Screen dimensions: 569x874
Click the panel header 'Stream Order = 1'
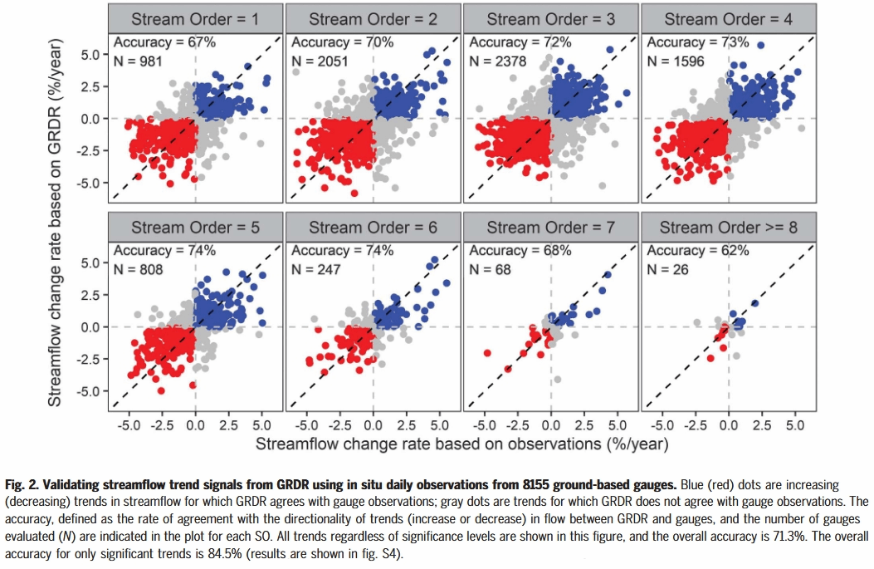coord(195,18)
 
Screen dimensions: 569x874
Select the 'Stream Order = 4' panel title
coord(728,18)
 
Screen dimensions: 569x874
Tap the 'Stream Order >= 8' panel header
coord(728,227)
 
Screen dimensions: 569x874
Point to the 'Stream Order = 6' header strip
coord(373,227)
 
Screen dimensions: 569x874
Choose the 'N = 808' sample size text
coord(139,269)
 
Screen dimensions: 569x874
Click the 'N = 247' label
coord(316,269)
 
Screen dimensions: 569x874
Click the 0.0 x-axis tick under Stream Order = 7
coord(551,424)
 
